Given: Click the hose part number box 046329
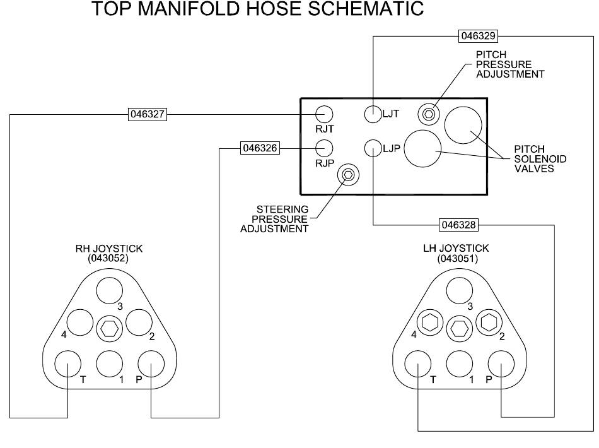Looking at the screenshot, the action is pos(478,36).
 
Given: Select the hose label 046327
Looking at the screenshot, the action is pos(147,114).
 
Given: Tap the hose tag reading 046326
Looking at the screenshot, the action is pos(260,148).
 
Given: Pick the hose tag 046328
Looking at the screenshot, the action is pos(458,225).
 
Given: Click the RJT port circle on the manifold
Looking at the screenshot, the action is pos(324,114).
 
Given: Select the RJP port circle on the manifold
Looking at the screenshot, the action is pos(324,148).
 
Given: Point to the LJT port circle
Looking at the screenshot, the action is pos(373,114).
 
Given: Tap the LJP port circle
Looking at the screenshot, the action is pos(373,148).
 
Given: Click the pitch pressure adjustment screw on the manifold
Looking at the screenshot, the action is pos(429,114).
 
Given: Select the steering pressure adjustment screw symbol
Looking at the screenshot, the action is pos(348,175).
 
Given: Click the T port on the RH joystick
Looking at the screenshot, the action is pos(68,363).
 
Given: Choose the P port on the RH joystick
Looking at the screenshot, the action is pos(151,363).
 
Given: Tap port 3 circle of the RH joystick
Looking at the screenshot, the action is pos(109,290).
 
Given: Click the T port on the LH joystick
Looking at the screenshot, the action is pos(418,363).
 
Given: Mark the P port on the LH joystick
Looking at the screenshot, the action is pos(501,363).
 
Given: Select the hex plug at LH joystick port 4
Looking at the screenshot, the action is pos(430,322).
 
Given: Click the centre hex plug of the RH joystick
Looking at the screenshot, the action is pos(109,328).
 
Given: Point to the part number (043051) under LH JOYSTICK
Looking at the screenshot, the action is pos(458,259).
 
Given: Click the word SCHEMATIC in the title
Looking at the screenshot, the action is pos(366,8).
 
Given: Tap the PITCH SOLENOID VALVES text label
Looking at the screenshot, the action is pos(540,158).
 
